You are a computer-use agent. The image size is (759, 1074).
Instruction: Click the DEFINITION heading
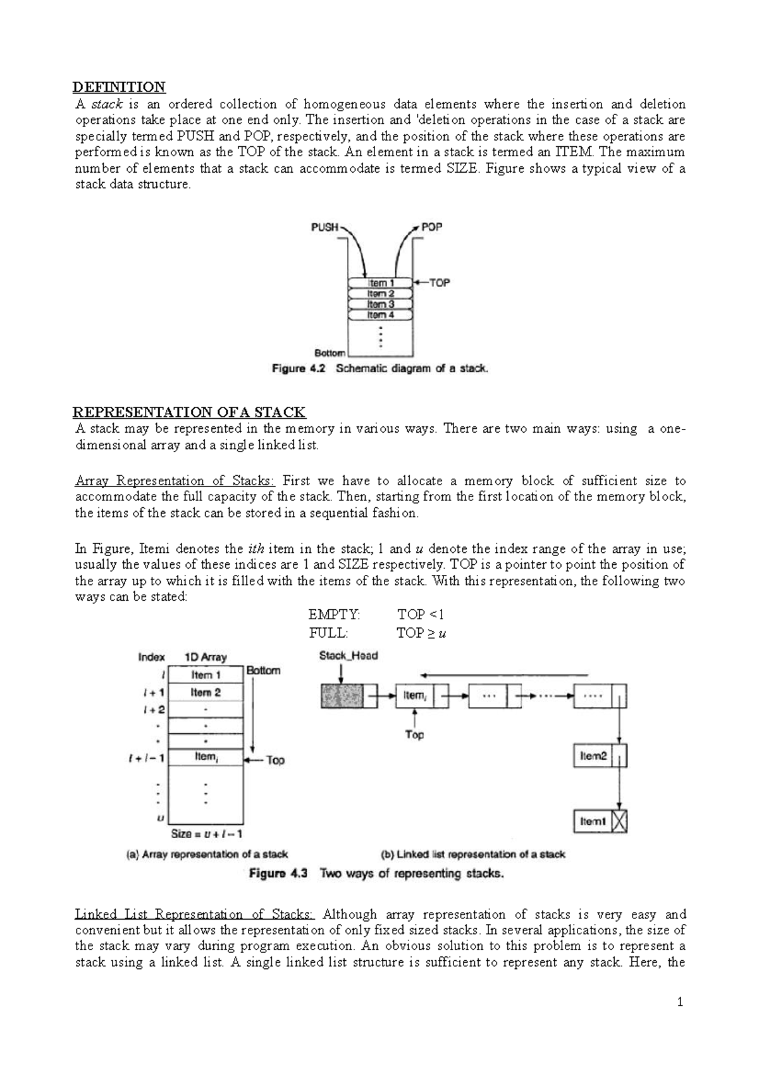pos(120,87)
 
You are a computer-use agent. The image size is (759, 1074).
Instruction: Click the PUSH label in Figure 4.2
pos(324,227)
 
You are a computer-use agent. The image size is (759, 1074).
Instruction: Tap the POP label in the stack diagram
pos(431,226)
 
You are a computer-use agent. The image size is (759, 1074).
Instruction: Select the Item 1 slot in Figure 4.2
pos(381,283)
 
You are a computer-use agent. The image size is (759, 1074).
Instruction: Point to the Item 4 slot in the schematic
pos(381,315)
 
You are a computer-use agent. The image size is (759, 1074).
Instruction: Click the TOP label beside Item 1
pos(440,283)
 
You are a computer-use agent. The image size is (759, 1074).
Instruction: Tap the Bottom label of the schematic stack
pos(330,353)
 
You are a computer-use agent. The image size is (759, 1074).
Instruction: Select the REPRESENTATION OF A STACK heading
pos(190,412)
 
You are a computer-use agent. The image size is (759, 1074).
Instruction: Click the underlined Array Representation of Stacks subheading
pos(175,481)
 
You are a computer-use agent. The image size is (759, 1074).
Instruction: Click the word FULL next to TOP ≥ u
pos(328,633)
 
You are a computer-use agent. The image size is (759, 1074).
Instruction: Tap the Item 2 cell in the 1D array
pos(206,693)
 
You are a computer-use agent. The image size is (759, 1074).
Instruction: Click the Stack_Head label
pos(349,656)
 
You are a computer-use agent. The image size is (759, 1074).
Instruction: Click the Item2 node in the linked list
pos(594,756)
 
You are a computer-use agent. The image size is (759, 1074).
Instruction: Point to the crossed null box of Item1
pos(620,821)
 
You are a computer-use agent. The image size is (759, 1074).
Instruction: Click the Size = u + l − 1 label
pos(206,834)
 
